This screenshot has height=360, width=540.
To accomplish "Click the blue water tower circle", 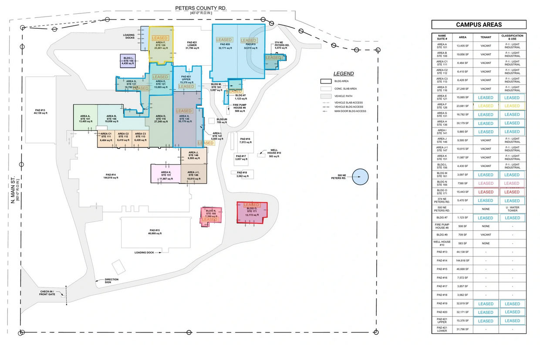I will click(360, 177).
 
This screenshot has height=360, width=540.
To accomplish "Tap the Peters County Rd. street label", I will click(201, 8).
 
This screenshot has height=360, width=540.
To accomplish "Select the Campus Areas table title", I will click(479, 25).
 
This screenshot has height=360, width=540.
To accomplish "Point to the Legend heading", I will click(344, 74).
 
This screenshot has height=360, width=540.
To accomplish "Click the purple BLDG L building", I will click(128, 61).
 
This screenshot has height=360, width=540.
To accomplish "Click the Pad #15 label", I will click(155, 232).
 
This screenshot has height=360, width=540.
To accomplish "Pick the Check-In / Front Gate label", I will click(47, 293).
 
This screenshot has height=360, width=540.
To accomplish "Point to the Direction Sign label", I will click(111, 281).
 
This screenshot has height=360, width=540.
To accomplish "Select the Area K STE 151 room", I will click(165, 175).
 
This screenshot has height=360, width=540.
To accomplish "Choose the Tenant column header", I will click(486, 37).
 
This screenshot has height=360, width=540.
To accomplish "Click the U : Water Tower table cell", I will click(512, 209).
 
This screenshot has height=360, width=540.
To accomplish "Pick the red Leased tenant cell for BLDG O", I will click(486, 192).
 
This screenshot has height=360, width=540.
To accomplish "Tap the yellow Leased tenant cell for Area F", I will click(486, 106).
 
